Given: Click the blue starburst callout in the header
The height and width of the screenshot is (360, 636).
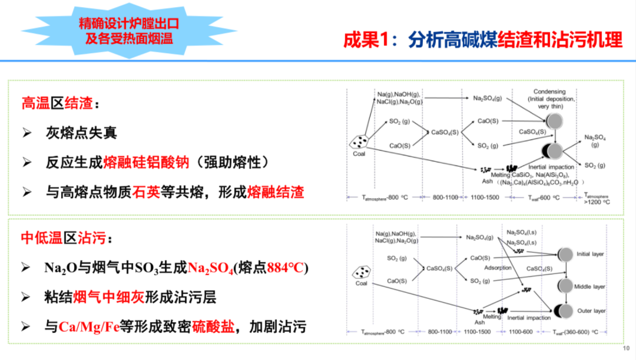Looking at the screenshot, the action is [128, 31].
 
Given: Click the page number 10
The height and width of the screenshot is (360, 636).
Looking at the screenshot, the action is [625, 348].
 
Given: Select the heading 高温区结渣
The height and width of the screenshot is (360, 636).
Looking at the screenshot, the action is [57, 104].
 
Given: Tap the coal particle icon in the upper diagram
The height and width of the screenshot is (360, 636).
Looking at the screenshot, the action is [360, 142].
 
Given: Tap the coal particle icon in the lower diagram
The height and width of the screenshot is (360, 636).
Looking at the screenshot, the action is [360, 272].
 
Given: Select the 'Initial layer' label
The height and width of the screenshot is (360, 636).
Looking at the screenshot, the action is [590, 255].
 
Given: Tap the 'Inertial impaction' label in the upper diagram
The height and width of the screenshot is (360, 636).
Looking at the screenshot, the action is [551, 167].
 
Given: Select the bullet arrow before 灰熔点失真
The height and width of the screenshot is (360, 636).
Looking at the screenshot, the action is [26, 133].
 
